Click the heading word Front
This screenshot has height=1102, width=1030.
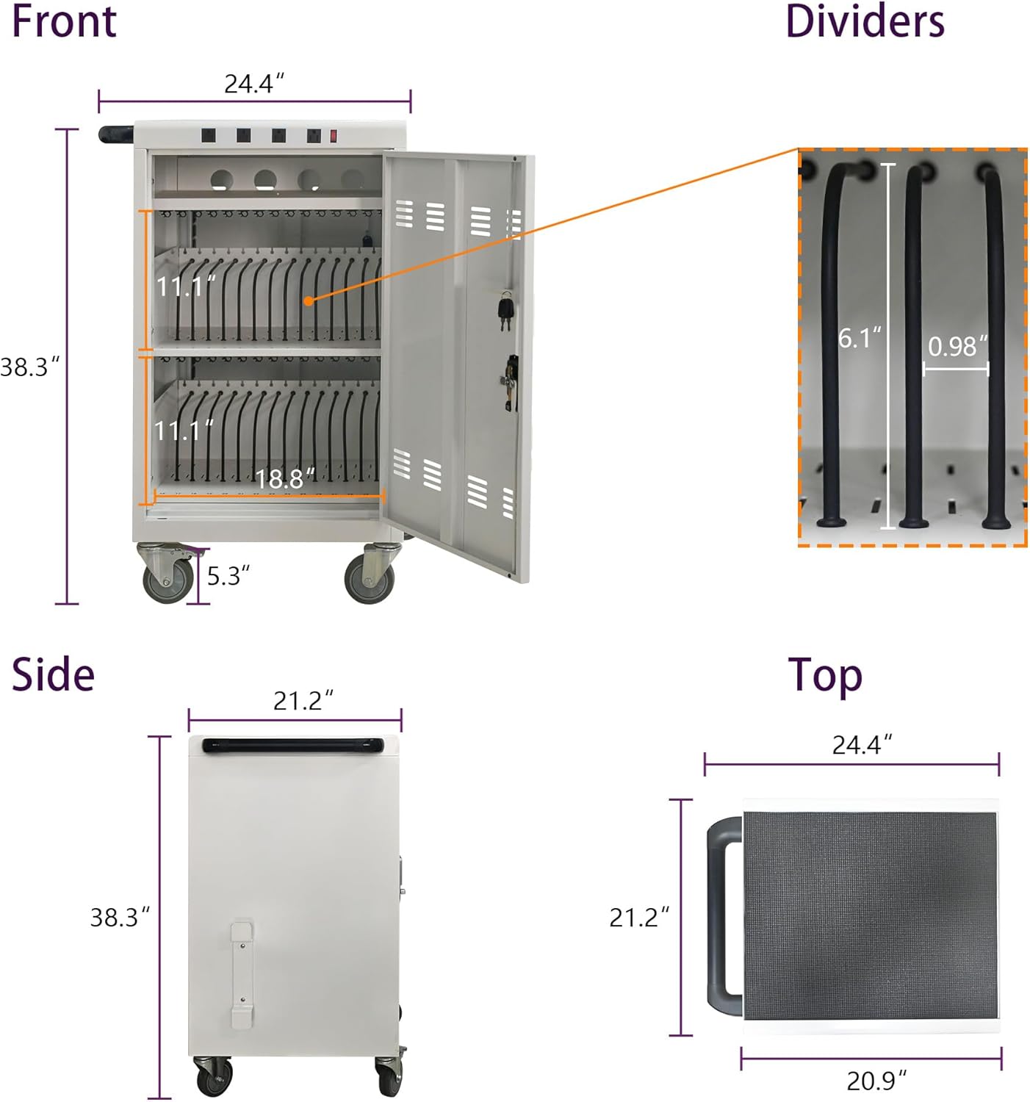64,21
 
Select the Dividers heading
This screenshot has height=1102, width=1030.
865,21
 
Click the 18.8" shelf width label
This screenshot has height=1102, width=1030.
284,479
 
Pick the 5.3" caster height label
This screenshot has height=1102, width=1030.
228,576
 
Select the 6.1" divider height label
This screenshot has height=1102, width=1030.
859,338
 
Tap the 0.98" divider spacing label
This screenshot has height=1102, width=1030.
957,346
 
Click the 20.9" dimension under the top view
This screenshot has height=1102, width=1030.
876,1081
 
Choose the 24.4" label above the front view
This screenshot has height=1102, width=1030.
253,84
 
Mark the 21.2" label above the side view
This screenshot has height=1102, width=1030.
303,701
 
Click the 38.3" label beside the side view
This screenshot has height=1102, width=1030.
119,918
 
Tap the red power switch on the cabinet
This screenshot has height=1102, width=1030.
334,136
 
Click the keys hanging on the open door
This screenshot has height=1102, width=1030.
505,310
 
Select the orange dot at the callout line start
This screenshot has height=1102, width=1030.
309,300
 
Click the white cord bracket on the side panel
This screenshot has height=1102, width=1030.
242,973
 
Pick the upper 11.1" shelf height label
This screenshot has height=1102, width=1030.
185,286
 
